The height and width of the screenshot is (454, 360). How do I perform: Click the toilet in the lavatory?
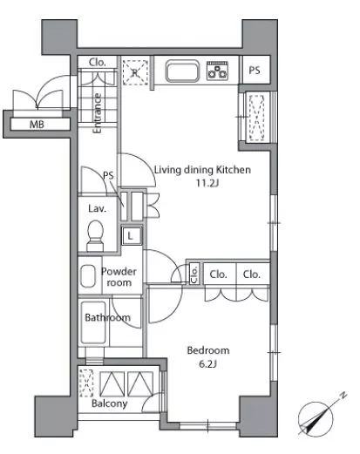coord(95,235)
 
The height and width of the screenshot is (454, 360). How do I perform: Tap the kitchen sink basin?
coord(182,71)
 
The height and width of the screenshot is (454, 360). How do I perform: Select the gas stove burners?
coord(217,71)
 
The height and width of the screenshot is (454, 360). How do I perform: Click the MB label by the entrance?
coord(37,125)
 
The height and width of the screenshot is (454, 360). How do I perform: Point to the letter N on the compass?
coord(343,395)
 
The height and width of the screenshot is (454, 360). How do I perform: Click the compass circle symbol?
coord(316,419)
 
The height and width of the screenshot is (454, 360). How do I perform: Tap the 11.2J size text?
coord(207,183)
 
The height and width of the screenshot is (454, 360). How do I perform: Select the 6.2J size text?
coord(207,363)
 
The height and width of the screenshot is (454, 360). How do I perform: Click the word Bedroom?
coord(208,350)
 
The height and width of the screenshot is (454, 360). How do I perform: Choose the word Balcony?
coord(109,403)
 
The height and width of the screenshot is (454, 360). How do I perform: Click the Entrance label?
coord(98,113)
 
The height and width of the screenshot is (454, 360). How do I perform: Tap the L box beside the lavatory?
coord(131,235)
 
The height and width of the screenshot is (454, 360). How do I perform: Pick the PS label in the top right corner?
coord(255,71)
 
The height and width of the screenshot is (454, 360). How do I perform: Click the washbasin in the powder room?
coord(88,275)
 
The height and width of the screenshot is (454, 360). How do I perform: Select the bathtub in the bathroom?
coord(93,322)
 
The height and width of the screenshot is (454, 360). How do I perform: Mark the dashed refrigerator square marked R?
coord(135,72)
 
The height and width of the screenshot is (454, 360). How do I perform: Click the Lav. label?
coord(97,208)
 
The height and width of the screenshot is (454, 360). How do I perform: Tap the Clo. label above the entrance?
coord(97,62)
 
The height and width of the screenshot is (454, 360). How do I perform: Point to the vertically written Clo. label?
coord(194,274)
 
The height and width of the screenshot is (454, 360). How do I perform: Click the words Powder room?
coord(119,277)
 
